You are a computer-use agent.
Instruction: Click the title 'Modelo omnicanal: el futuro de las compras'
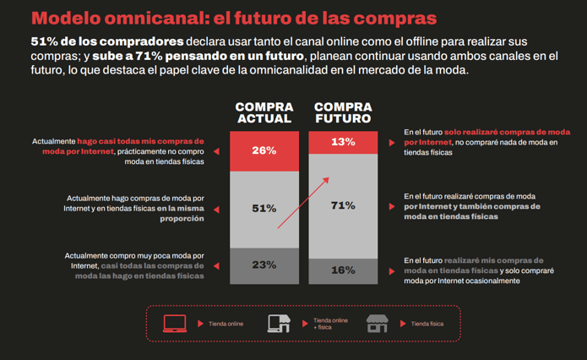233,18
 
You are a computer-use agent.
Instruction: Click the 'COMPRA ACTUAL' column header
264,113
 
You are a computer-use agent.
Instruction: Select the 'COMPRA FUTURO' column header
343,113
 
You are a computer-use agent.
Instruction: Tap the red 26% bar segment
264,150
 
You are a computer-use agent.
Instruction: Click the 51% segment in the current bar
264,208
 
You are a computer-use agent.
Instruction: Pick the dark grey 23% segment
264,265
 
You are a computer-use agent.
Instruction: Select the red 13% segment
343,143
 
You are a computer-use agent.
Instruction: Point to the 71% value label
343,205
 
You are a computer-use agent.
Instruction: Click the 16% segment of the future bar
343,270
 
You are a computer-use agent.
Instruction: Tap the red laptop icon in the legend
175,323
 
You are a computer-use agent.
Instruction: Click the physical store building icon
377,323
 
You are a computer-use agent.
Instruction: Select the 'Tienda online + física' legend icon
279,323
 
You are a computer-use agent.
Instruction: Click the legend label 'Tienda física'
427,324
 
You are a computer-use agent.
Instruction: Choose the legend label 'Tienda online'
226,324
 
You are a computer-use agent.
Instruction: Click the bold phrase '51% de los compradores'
106,41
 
